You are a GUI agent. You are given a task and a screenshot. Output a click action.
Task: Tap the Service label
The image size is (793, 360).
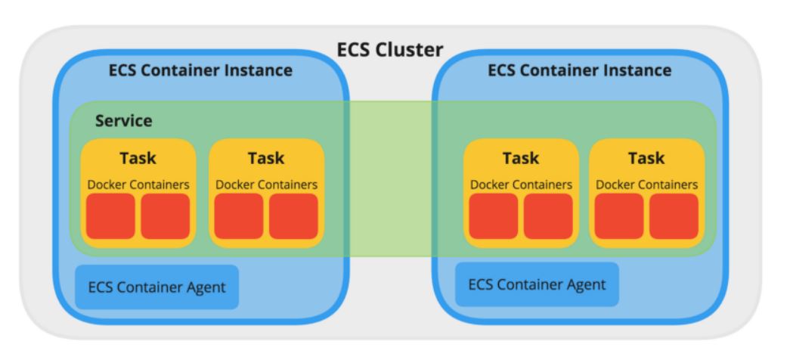click(x=123, y=121)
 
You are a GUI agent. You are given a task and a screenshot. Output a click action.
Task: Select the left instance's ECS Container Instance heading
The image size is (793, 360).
click(x=200, y=72)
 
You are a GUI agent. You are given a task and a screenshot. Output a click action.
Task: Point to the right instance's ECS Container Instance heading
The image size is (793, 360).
click(x=579, y=71)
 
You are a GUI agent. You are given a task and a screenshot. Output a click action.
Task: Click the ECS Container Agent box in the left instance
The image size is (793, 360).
click(x=156, y=287)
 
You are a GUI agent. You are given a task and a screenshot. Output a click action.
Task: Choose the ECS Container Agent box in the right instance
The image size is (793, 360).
click(x=537, y=285)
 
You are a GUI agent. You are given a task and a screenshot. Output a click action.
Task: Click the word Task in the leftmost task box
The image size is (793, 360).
click(x=138, y=158)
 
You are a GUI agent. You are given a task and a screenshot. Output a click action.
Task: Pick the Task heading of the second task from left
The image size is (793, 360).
click(x=266, y=158)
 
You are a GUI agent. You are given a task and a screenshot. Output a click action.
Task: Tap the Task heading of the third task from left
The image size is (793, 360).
click(x=521, y=158)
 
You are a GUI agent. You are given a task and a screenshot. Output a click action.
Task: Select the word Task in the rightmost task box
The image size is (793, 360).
click(x=646, y=158)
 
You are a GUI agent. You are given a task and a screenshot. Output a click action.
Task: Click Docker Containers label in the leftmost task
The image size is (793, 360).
click(x=138, y=184)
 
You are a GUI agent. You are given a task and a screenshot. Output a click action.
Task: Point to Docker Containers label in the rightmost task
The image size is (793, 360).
click(x=646, y=184)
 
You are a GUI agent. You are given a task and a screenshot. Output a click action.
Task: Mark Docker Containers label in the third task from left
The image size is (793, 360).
click(x=521, y=184)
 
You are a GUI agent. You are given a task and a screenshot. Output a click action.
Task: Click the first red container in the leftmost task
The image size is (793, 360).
click(x=110, y=216)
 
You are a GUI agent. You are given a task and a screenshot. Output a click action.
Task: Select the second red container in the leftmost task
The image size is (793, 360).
click(x=166, y=216)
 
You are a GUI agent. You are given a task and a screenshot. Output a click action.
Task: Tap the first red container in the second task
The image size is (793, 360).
click(x=239, y=216)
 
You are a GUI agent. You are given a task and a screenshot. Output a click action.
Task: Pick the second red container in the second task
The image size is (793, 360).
click(x=294, y=216)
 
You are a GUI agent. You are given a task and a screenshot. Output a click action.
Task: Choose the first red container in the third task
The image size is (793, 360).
click(x=494, y=216)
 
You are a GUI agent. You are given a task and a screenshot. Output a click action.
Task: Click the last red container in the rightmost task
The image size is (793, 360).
click(x=674, y=216)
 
